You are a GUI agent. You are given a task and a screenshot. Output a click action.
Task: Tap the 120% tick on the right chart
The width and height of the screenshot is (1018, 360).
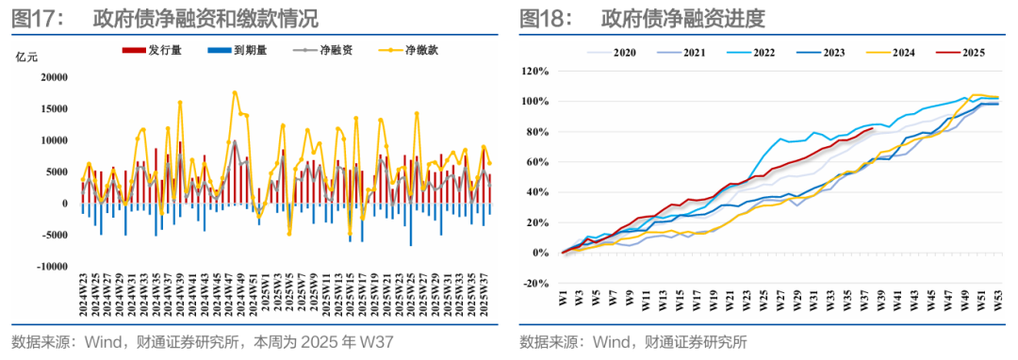coord(534,71)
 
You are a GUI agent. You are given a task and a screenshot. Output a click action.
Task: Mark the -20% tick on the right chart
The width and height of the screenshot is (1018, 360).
coord(534,284)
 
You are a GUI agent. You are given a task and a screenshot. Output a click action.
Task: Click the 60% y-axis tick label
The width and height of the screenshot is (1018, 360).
coord(535,162)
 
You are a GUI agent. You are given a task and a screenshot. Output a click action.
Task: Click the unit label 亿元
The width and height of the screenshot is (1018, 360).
coord(26,57)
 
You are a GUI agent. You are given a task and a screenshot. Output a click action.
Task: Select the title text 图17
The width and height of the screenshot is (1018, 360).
coord(34,17)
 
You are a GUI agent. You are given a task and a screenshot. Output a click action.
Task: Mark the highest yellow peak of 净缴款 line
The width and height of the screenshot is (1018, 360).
coord(235,92)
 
